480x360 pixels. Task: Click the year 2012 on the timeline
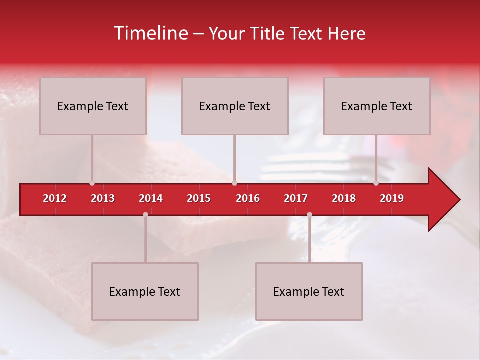click(55, 198)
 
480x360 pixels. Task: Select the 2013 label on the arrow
click(103, 198)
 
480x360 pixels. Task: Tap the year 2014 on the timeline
click(151, 198)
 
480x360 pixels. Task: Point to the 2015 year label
click(199, 198)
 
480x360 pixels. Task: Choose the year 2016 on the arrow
click(248, 198)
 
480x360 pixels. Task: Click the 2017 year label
click(296, 198)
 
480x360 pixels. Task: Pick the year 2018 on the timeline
click(344, 198)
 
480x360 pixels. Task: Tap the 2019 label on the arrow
click(392, 198)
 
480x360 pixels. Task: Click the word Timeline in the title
click(150, 33)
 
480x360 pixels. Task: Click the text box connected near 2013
click(93, 106)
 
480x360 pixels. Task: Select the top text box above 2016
click(235, 106)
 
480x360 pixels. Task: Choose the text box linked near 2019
click(377, 106)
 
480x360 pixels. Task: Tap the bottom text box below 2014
click(145, 291)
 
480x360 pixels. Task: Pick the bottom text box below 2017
click(309, 291)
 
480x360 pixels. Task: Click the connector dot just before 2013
click(92, 183)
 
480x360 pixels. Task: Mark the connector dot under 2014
click(145, 214)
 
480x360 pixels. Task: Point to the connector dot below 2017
click(309, 214)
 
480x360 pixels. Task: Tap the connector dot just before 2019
click(376, 183)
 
